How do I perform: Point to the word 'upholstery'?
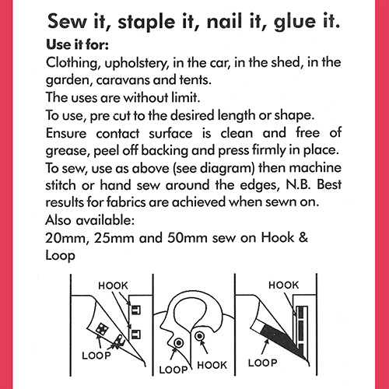point(146,62)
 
